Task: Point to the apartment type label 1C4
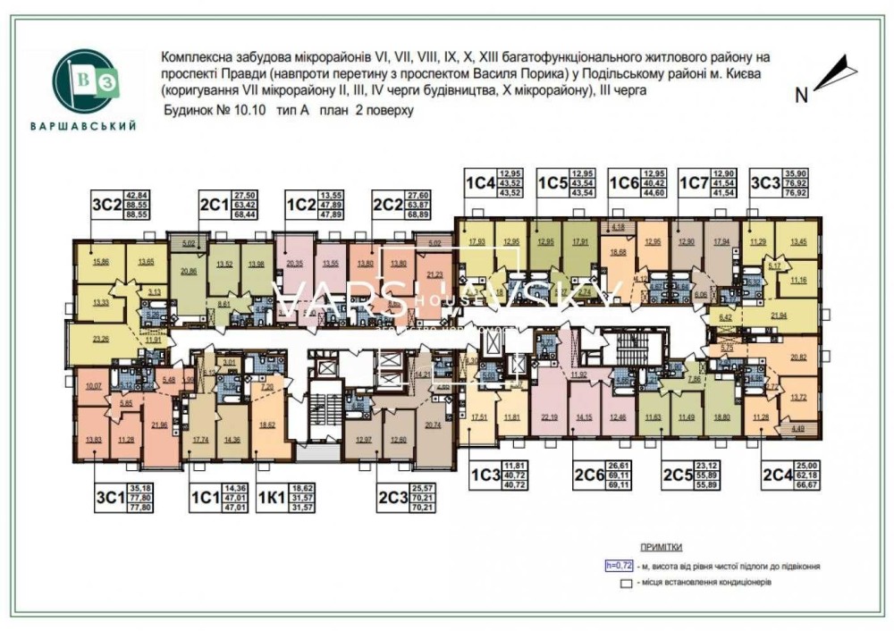[x=478, y=183]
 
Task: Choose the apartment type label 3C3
[x=764, y=183]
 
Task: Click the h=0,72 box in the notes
[x=619, y=565]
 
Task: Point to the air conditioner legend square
[x=627, y=582]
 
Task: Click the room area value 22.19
[x=550, y=417]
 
